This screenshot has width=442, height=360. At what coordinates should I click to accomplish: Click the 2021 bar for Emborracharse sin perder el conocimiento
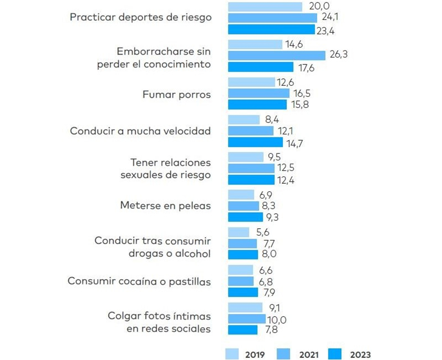276,55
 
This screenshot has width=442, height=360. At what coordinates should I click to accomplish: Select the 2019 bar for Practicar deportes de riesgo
265,6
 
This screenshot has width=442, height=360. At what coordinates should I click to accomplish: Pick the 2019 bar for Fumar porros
251,82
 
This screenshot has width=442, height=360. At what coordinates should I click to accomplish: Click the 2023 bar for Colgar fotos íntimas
243,330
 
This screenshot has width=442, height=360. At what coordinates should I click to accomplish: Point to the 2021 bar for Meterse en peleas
243,205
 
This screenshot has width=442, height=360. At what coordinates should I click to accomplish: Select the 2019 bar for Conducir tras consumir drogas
238,232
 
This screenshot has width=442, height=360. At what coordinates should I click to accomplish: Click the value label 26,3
338,55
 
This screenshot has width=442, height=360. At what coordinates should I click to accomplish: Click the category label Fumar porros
177,94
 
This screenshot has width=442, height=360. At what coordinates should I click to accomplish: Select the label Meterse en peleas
166,205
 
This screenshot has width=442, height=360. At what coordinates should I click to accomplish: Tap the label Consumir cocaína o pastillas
139,281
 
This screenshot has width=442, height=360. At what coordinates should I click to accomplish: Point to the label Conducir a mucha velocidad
140,131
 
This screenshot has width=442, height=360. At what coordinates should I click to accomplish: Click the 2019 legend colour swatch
232,354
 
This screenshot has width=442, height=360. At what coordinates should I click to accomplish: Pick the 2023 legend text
360,355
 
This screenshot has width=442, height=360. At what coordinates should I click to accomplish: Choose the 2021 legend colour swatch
284,354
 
